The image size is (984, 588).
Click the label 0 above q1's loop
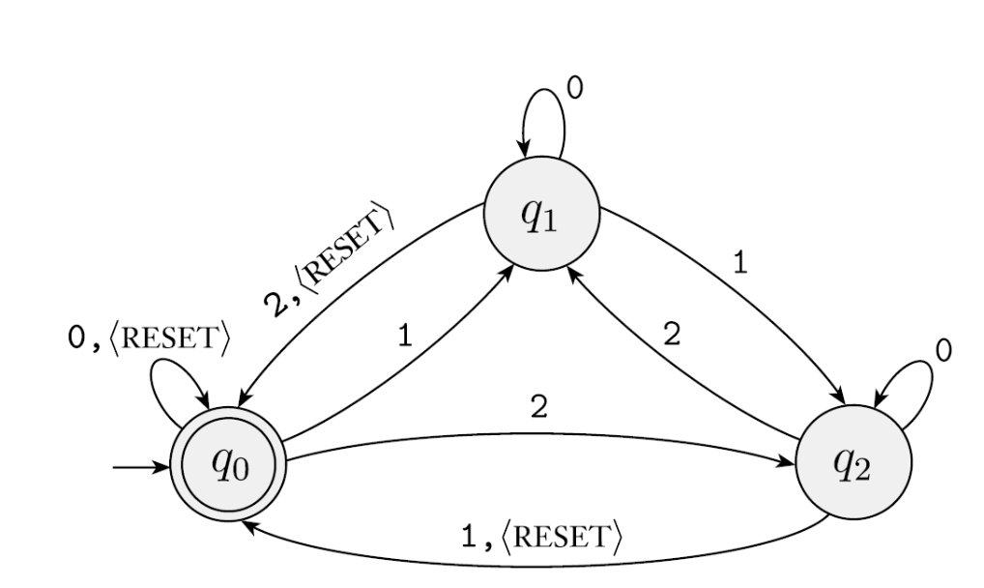(x=574, y=89)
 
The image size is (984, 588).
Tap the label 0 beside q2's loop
(x=944, y=351)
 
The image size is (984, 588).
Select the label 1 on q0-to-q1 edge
(x=406, y=337)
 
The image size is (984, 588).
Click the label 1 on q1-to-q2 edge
(x=739, y=264)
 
